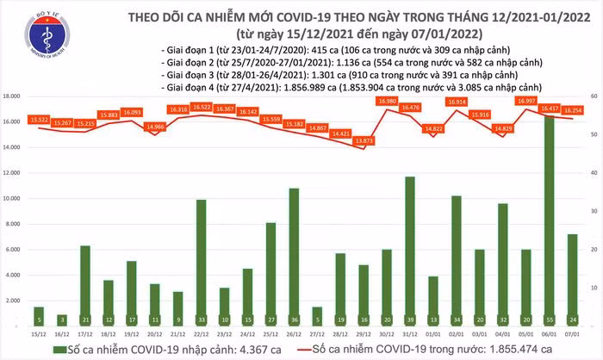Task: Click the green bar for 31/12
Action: pos(410,250)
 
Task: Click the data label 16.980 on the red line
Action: pos(387,101)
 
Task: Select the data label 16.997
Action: pos(526,101)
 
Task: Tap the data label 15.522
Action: pos(38,118)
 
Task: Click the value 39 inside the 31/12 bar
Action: pos(410,317)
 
